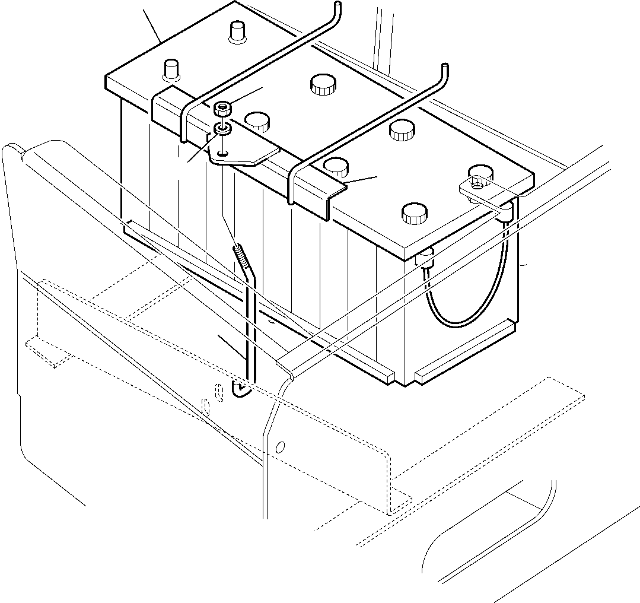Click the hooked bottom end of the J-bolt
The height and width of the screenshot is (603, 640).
[x=242, y=390]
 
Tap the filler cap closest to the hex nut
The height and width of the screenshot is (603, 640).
[x=257, y=121]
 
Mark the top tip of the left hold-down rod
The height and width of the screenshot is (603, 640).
[x=337, y=5]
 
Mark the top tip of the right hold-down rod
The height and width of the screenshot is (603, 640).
[x=444, y=68]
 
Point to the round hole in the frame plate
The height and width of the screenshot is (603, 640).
[x=281, y=446]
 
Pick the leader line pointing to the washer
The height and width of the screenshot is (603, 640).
[x=199, y=150]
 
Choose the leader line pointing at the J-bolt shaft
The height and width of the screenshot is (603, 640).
[x=231, y=347]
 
